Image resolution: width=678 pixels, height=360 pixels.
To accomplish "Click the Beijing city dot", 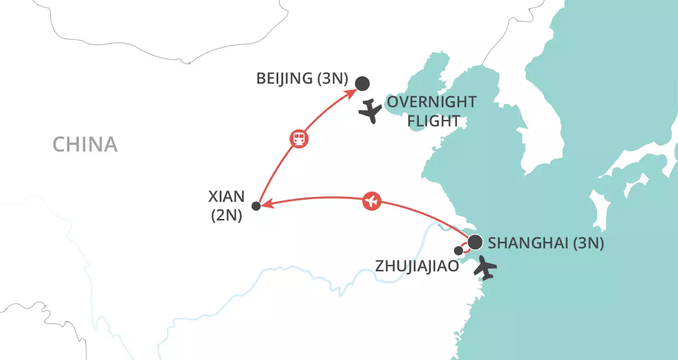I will [x=362, y=84].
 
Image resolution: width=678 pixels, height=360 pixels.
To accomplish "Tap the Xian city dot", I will [x=255, y=206].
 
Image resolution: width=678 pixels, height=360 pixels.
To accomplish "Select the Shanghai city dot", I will [x=475, y=241].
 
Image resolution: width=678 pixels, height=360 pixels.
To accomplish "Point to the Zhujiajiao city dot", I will [x=459, y=251].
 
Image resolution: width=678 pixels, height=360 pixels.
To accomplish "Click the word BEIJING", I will [x=284, y=79].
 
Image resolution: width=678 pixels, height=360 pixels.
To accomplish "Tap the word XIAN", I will [x=226, y=197].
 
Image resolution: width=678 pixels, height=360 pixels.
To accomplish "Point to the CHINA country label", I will [x=85, y=144].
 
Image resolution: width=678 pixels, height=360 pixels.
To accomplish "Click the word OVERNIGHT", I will [x=431, y=102].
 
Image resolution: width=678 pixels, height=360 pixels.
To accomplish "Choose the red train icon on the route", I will [x=299, y=138].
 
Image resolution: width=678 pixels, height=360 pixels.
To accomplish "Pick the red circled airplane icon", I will [x=372, y=201].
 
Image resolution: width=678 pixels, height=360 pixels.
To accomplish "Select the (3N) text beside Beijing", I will [x=332, y=79].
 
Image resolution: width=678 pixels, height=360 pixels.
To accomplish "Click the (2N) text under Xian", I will [x=226, y=216].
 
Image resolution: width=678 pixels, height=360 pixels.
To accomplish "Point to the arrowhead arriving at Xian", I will [x=264, y=205].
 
